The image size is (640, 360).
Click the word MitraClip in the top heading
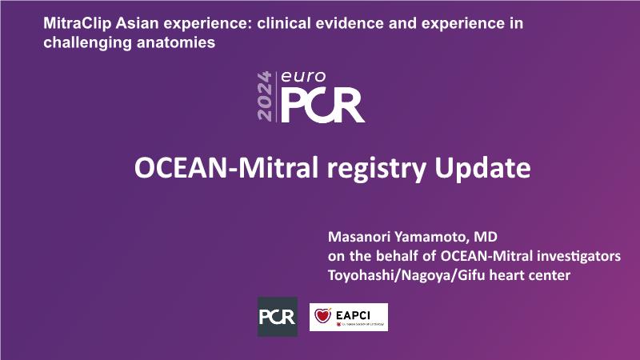[x=77, y=24]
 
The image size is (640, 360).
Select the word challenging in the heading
[x=88, y=43]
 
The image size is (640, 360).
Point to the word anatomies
[x=176, y=42]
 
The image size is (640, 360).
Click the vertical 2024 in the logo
[x=265, y=96]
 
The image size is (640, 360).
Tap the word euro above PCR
[x=303, y=77]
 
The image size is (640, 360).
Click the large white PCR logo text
[x=322, y=106]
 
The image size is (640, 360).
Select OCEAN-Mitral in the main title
[x=226, y=168]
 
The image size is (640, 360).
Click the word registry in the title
[x=376, y=170]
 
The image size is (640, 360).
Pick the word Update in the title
[x=482, y=169]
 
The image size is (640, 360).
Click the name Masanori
[x=358, y=237]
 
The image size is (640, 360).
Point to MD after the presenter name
[x=486, y=237]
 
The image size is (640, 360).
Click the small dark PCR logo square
[x=278, y=317]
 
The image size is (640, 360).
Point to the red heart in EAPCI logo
[x=322, y=315]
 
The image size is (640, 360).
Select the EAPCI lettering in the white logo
[x=354, y=315]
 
